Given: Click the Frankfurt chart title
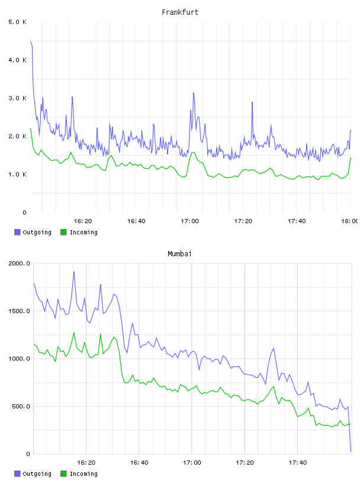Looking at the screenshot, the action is pyautogui.click(x=180, y=12).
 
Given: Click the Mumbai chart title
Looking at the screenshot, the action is pyautogui.click(x=179, y=254).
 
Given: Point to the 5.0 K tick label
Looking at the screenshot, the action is pyautogui.click(x=18, y=22).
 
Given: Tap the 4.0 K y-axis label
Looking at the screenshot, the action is pyautogui.click(x=18, y=60).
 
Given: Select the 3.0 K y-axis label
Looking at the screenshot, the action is pyautogui.click(x=18, y=98).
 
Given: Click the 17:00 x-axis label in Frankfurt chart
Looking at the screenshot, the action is pyautogui.click(x=189, y=221).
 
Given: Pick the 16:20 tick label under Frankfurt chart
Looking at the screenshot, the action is pyautogui.click(x=83, y=221).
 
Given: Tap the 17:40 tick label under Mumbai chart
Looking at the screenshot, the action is pyautogui.click(x=298, y=463).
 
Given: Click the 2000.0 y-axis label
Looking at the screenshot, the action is pyautogui.click(x=19, y=263).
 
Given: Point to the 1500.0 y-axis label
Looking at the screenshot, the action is pyautogui.click(x=19, y=311).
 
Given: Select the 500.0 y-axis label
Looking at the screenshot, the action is pyautogui.click(x=21, y=406).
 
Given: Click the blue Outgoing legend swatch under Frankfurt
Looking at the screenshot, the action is pyautogui.click(x=17, y=232).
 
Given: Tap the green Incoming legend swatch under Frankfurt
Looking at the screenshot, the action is pyautogui.click(x=63, y=232).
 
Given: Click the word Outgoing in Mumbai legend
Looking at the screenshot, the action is pyautogui.click(x=37, y=474).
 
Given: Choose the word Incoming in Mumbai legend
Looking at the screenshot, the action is pyautogui.click(x=83, y=474).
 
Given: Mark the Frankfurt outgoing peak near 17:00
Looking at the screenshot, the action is pyautogui.click(x=194, y=93).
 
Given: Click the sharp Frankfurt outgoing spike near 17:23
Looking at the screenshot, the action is pyautogui.click(x=252, y=102).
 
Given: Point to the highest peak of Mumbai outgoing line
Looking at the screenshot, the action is pyautogui.click(x=74, y=272).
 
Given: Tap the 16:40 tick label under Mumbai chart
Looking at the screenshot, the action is pyautogui.click(x=139, y=463).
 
